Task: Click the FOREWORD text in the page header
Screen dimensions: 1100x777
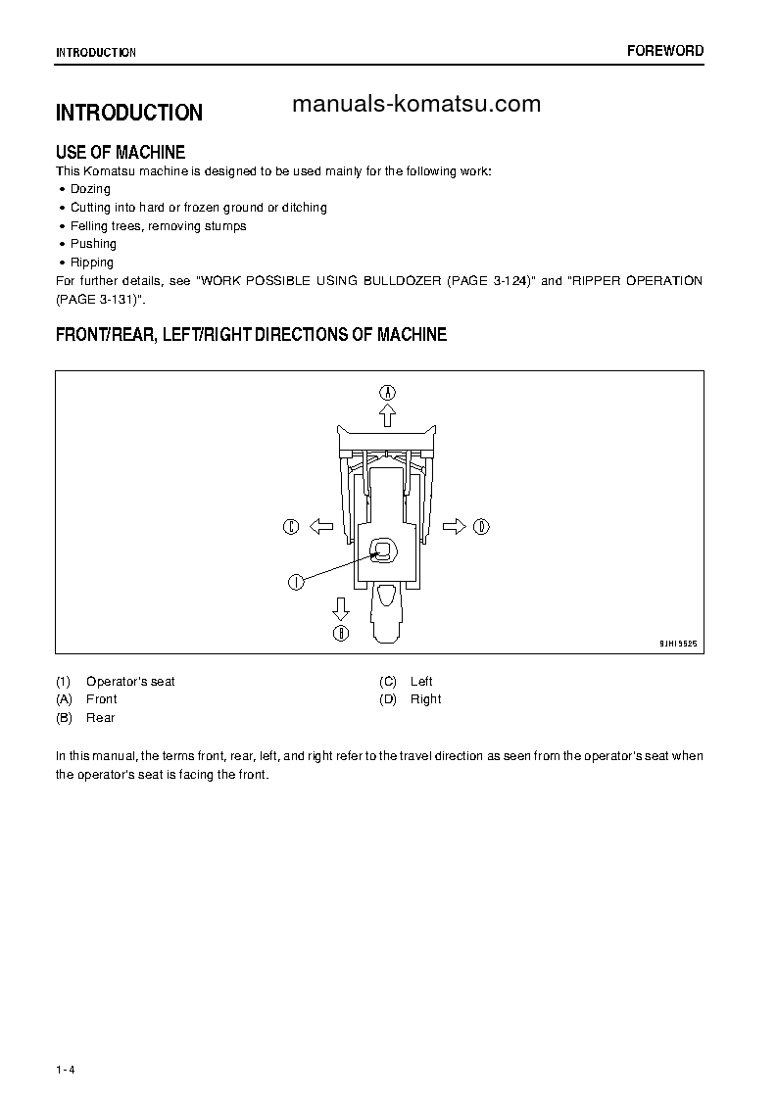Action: (x=665, y=51)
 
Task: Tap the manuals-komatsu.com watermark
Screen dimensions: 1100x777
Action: (x=416, y=105)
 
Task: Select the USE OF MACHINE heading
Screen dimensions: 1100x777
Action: (x=121, y=153)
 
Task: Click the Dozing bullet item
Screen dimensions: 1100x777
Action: (x=90, y=189)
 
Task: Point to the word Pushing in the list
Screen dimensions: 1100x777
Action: (x=93, y=244)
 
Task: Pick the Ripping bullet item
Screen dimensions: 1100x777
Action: (x=92, y=263)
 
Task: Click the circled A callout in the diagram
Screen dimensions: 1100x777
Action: (x=388, y=392)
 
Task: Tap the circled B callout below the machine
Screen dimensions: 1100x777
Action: (x=341, y=633)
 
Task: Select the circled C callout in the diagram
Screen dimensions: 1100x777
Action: (x=290, y=527)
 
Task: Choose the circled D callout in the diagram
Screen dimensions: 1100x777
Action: (x=481, y=527)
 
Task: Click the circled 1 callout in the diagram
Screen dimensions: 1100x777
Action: (x=294, y=582)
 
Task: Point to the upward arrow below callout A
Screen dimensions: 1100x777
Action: (x=388, y=415)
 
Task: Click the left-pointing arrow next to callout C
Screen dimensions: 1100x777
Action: (x=321, y=527)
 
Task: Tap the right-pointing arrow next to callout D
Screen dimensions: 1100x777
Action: (x=454, y=527)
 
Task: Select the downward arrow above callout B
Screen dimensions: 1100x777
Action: (x=341, y=608)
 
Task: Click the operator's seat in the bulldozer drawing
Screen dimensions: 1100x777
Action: (x=383, y=552)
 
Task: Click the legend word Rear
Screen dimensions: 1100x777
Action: (x=100, y=718)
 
